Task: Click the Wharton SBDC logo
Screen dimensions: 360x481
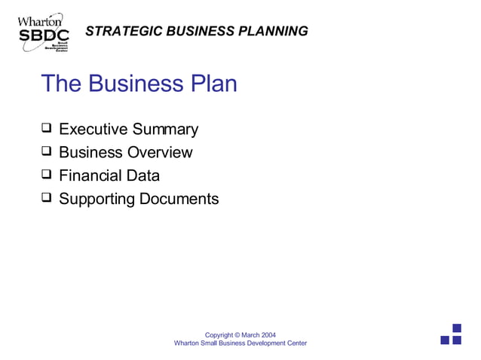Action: [43, 32]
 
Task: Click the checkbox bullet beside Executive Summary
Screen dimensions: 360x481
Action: [47, 129]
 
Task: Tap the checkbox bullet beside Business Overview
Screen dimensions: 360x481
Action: [47, 152]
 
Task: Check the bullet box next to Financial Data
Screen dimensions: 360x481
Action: [47, 175]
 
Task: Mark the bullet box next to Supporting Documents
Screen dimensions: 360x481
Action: [47, 199]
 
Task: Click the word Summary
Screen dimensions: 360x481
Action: [164, 130]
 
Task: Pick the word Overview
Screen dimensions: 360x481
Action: [160, 153]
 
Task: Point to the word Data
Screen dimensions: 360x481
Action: [143, 176]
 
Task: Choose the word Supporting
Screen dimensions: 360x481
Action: [97, 200]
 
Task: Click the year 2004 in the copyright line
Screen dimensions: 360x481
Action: [268, 334]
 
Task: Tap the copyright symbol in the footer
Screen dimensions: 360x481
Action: [237, 334]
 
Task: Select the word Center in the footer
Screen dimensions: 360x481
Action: [295, 343]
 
